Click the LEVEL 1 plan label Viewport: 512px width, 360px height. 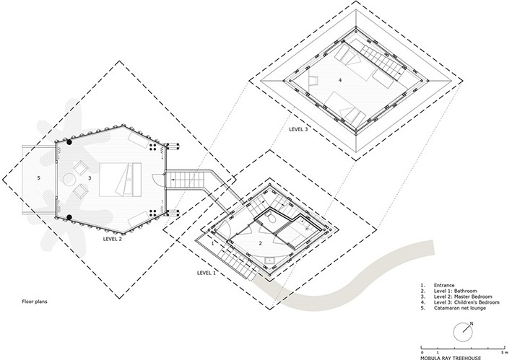point(207,273)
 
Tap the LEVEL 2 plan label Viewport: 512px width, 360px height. point(113,239)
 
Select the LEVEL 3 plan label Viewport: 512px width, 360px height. point(298,129)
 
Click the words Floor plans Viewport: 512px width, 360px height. point(35,302)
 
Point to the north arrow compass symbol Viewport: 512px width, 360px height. point(464,332)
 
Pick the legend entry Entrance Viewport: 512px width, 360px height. point(444,285)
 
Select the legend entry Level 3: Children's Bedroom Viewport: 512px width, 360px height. point(467,302)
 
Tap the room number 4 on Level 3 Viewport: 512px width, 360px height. point(340,80)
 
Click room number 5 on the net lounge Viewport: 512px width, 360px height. point(39,178)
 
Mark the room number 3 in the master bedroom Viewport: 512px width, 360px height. point(90,178)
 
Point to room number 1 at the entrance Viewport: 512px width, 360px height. point(212,243)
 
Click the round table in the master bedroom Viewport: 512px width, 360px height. point(69,180)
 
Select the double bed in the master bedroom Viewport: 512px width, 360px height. point(120,180)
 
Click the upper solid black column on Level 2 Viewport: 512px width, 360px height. point(69,142)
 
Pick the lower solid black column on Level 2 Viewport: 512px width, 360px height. point(69,217)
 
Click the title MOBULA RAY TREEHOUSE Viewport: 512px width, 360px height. point(451,358)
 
